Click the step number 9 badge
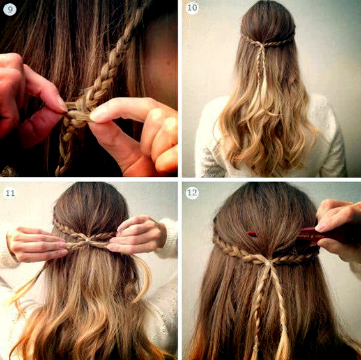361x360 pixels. tap(10, 10)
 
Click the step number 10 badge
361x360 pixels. tap(192, 8)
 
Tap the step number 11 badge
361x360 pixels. tap(10, 193)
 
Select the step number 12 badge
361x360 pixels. tap(192, 192)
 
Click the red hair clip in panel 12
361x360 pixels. tap(252, 234)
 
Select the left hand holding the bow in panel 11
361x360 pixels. tap(37, 244)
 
